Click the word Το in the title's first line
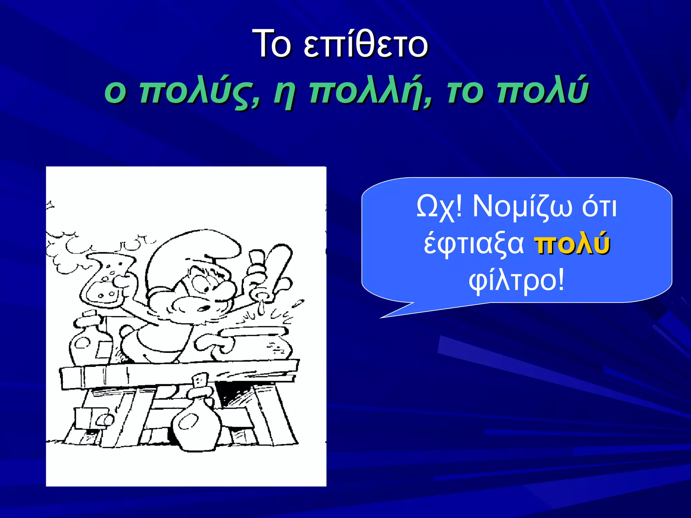click(x=271, y=44)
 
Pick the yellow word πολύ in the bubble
click(x=572, y=243)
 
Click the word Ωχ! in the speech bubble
click(x=439, y=206)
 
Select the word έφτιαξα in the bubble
click(x=474, y=243)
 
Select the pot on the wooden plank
click(x=256, y=344)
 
